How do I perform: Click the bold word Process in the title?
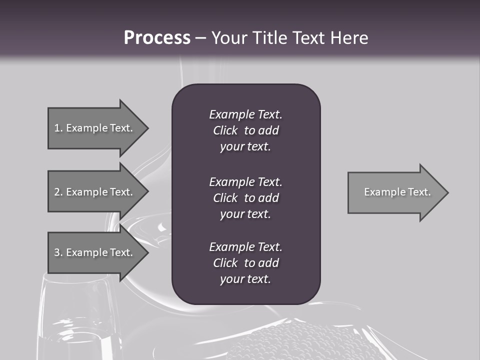coord(157,38)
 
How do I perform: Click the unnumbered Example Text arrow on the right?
coord(397,192)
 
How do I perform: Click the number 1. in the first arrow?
coord(58,128)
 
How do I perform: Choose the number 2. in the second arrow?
coord(58,192)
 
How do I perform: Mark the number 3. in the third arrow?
coord(58,252)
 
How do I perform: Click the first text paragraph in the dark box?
coord(245,130)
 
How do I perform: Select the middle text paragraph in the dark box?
coord(245,198)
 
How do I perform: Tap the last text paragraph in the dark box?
coord(245,263)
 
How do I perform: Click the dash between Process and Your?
coord(200,38)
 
